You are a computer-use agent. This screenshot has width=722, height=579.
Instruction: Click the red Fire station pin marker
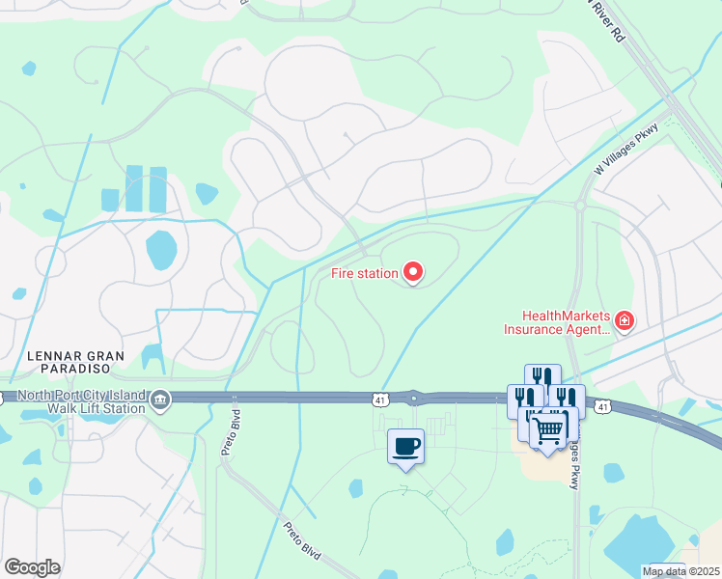click(x=413, y=272)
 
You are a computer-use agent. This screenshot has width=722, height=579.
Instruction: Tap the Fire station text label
click(x=364, y=273)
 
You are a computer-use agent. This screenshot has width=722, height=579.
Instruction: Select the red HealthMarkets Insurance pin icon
click(x=625, y=319)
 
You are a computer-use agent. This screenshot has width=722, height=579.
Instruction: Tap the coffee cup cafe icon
click(x=405, y=446)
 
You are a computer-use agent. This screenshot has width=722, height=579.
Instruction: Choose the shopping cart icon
click(x=548, y=428)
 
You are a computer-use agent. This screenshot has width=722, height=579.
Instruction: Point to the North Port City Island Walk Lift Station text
click(x=73, y=401)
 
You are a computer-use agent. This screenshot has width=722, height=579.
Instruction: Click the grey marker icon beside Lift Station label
click(x=160, y=398)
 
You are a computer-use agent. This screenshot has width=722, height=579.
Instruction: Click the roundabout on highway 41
click(x=414, y=397)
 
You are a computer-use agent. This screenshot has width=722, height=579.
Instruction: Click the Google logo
click(x=32, y=567)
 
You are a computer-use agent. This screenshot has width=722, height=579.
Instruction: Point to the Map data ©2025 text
click(x=680, y=571)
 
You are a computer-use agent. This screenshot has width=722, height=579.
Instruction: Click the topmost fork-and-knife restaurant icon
click(x=542, y=377)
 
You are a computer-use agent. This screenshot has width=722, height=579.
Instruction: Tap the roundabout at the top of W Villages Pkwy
click(x=581, y=205)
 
